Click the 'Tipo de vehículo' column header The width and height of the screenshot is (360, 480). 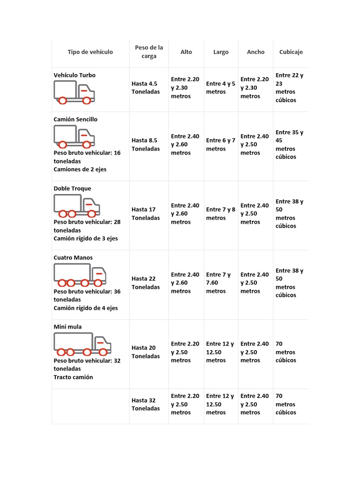click(x=90, y=52)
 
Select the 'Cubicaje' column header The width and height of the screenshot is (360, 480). click(x=291, y=52)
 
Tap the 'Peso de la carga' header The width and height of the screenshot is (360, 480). click(x=149, y=52)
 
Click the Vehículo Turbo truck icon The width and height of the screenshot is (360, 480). click(x=74, y=92)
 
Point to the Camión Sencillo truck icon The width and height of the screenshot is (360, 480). click(x=74, y=136)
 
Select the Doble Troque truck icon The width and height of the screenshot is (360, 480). click(x=77, y=206)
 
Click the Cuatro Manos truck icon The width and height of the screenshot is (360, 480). click(x=80, y=275)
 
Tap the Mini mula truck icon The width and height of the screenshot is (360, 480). click(x=82, y=344)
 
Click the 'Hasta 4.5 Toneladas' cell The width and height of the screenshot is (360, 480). click(x=145, y=88)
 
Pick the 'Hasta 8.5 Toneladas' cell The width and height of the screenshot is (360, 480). click(x=145, y=144)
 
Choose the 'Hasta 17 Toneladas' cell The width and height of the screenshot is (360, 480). click(x=145, y=214)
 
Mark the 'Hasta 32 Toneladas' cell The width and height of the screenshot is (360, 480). click(x=145, y=405)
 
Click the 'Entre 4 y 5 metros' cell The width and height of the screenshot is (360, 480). click(x=220, y=88)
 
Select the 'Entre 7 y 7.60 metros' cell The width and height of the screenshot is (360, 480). click(x=218, y=283)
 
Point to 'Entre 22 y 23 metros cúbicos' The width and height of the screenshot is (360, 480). click(x=289, y=88)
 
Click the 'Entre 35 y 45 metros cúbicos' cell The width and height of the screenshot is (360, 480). click(x=289, y=144)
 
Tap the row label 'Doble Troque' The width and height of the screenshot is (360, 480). click(x=72, y=188)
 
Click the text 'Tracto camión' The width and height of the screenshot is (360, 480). click(x=73, y=377)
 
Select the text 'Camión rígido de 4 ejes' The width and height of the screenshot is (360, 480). click(x=86, y=308)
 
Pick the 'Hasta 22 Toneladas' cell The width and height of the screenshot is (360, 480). click(x=145, y=283)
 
